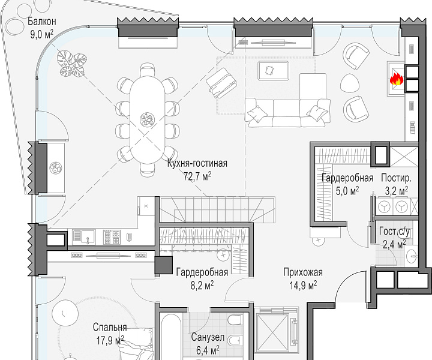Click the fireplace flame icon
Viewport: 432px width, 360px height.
click(397, 79)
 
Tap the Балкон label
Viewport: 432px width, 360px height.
click(42, 21)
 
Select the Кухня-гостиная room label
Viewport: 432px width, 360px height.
click(197, 163)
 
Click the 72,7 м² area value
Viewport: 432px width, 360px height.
click(197, 176)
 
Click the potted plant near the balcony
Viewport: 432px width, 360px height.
click(72, 64)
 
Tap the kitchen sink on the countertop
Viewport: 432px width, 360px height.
click(84, 237)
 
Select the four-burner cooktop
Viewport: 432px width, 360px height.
click(112, 237)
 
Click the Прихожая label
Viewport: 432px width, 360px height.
click(303, 272)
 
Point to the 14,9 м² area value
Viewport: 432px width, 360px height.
click(303, 286)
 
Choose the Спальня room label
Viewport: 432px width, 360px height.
click(110, 327)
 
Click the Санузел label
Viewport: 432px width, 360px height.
click(208, 337)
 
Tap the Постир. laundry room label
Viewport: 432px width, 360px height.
click(396, 178)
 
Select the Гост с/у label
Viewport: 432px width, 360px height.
click(395, 232)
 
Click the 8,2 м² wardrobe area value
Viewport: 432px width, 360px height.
click(202, 286)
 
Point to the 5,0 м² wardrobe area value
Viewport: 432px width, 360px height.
click(347, 191)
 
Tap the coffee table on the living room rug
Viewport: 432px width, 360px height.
click(274, 71)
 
